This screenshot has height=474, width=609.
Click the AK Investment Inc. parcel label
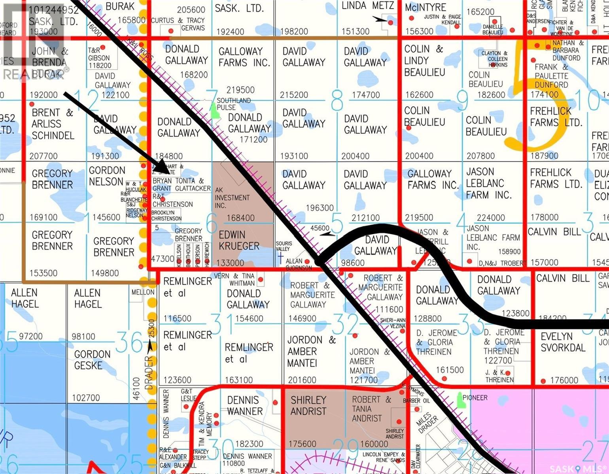pos(232,197)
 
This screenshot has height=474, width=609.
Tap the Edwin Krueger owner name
pos(239,240)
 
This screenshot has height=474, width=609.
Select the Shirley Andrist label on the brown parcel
pos(308,406)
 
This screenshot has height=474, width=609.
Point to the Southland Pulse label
pos(233,104)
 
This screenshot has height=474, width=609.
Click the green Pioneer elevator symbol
pos(460,400)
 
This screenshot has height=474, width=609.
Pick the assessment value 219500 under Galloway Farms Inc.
pos(240,90)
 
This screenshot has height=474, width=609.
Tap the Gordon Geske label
pos(92,360)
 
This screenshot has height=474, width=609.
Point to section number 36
pos(130,342)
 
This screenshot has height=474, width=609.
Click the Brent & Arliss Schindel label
pos(53,124)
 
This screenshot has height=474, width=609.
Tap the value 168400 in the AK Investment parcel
pos(240,218)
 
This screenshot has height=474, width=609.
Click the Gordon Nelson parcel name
pos(107,176)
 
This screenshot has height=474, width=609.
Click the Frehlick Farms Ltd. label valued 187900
pos(556,117)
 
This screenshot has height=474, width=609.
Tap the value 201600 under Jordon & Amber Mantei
pos(302,380)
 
